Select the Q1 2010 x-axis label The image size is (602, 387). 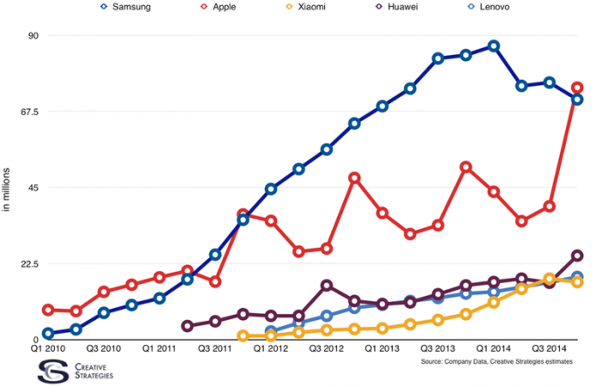[48, 349]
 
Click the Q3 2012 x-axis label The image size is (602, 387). [327, 349]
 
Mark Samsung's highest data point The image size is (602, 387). [494, 46]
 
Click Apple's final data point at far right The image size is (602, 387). [577, 88]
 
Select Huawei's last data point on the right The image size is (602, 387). [577, 255]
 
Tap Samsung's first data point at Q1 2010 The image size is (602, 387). [48, 334]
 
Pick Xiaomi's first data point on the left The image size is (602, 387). [243, 336]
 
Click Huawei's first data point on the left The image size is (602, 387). [187, 326]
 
